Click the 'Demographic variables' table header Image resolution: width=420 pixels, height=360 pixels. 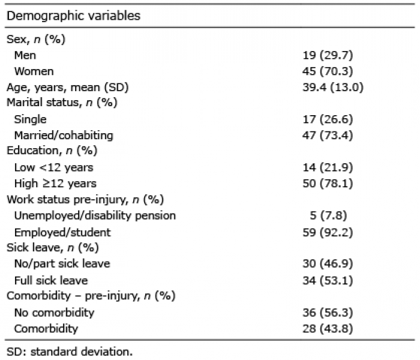pos(73,16)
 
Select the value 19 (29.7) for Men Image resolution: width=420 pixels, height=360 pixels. pos(328,55)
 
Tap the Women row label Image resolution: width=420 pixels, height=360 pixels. pos(34,71)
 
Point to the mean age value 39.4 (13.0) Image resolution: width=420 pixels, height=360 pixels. pos(333,88)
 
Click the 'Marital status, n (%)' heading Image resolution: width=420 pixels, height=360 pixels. pos(62,103)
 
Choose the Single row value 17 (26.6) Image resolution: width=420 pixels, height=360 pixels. pos(328,119)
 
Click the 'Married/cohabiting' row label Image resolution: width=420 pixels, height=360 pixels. pos(64,135)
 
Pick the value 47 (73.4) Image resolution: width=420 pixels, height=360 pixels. pos(328,135)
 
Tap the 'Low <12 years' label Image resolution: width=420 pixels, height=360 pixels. pos(54,167)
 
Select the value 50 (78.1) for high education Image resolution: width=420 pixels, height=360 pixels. pos(328,184)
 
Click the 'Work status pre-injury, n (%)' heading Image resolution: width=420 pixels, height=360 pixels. pos(85,200)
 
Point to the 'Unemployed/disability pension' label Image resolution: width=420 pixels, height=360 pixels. pos(95,215)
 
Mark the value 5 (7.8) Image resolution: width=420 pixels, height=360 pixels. pos(328,215)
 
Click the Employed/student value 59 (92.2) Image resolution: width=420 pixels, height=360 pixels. pos(328,232)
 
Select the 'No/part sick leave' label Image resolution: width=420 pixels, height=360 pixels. pos(62,263)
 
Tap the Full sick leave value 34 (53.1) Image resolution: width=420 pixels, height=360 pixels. pos(328,280)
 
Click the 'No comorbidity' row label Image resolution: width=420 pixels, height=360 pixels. pos(55,313)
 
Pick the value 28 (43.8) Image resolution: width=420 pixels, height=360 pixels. pos(328,329)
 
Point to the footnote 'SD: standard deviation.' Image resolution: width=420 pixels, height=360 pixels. pos(70,352)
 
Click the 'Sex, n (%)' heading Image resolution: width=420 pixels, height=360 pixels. pos(36,40)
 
